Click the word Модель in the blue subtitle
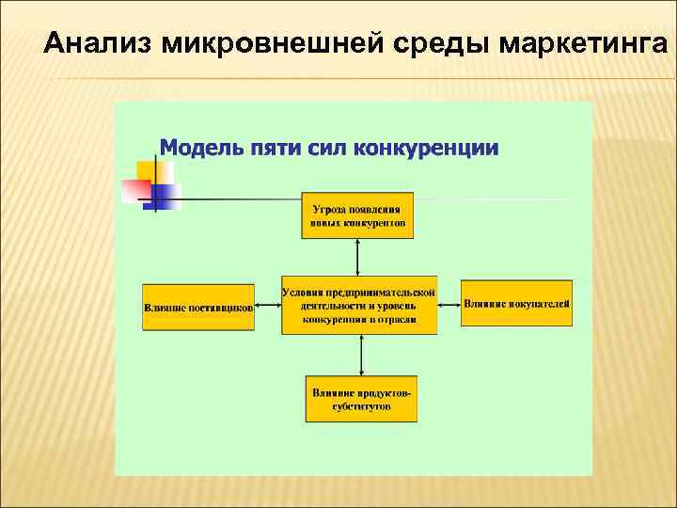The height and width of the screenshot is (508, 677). click(199, 148)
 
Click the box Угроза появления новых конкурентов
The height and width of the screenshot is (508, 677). click(357, 216)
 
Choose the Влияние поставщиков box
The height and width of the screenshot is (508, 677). click(198, 306)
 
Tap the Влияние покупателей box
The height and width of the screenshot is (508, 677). click(516, 303)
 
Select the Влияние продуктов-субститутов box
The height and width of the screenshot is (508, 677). click(361, 399)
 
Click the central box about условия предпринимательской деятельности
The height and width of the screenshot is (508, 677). click(359, 305)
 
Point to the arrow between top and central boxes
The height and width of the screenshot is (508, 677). click(357, 257)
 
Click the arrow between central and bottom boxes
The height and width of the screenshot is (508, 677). click(362, 355)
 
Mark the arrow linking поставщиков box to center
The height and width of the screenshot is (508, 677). click(268, 304)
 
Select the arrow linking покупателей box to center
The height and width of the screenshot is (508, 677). click(449, 304)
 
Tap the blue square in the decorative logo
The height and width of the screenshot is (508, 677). click(166, 196)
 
